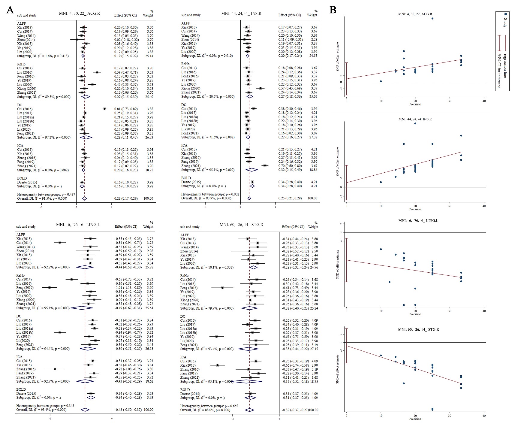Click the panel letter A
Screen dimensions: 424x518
click(x=10, y=10)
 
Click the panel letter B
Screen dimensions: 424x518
click(x=333, y=10)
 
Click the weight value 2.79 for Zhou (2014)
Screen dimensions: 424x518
click(x=150, y=40)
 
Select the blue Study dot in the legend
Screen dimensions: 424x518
click(x=506, y=14)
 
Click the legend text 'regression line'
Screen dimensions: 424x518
click(x=505, y=66)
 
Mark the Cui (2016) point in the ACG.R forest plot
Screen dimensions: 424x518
click(x=105, y=109)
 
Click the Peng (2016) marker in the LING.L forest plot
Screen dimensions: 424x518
click(x=49, y=288)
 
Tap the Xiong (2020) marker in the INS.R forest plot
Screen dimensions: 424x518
click(x=260, y=88)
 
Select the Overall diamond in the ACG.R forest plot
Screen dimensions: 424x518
click(x=84, y=198)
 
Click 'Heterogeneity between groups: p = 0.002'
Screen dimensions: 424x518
click(x=210, y=194)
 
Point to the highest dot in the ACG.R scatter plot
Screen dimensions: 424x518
click(x=432, y=19)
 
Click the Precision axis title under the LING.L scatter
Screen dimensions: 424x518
click(x=415, y=314)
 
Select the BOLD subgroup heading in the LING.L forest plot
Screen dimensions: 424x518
click(x=22, y=389)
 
